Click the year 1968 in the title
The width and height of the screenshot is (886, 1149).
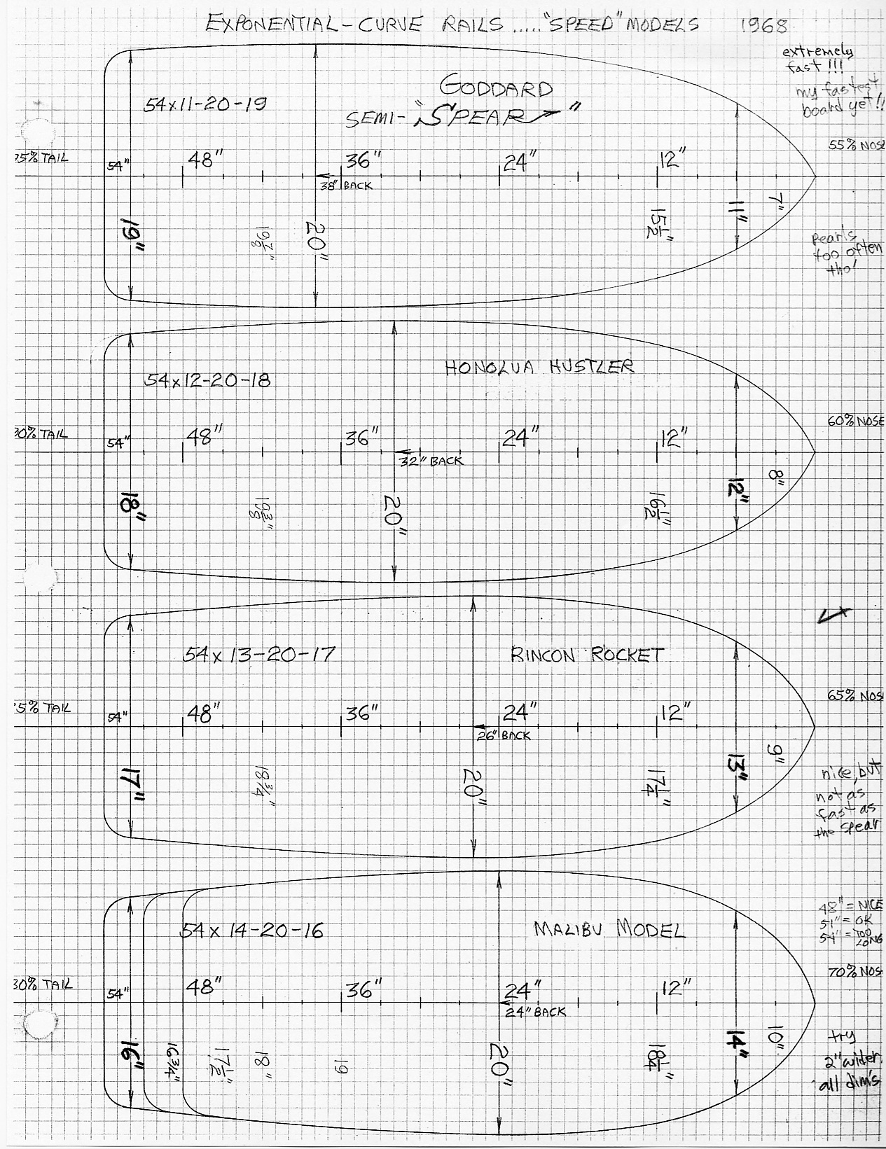click(764, 25)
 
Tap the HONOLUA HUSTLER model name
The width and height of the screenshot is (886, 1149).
click(539, 367)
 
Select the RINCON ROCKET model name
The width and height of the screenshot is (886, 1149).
click(586, 655)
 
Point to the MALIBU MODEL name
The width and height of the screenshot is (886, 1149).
click(609, 929)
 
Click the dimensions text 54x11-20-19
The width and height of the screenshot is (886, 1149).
click(205, 105)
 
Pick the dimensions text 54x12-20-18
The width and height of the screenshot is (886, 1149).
click(207, 380)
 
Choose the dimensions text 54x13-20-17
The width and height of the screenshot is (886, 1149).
click(259, 655)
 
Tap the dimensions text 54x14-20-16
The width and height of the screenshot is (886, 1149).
click(252, 931)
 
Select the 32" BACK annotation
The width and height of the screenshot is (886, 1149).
click(431, 461)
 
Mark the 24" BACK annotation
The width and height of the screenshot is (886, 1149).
click(536, 1011)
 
